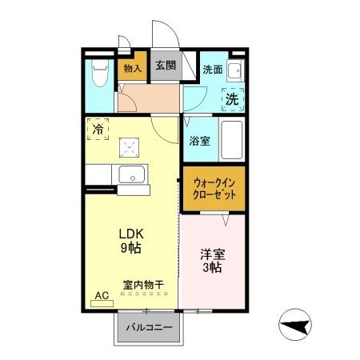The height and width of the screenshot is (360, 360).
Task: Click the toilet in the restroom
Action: (x=99, y=75)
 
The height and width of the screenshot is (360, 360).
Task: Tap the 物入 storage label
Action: (x=132, y=69)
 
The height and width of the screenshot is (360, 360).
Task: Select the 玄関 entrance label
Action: (x=166, y=66)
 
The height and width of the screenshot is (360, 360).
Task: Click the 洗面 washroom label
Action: (x=211, y=70)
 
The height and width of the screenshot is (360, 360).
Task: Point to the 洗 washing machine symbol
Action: (x=231, y=100)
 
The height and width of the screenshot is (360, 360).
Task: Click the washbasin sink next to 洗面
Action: (x=235, y=71)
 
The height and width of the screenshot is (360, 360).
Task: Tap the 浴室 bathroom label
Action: (x=199, y=142)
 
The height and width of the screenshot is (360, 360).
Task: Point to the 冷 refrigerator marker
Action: (x=98, y=128)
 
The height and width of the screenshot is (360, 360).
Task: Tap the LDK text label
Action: (x=130, y=234)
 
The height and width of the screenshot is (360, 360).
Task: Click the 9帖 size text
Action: (x=130, y=248)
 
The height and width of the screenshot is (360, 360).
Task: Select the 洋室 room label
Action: (x=211, y=254)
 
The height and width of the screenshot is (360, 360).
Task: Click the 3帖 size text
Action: (x=211, y=269)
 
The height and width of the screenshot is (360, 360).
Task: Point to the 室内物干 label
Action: (x=143, y=284)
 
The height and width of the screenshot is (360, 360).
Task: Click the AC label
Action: (x=102, y=295)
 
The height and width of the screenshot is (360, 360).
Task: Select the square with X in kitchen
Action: (x=129, y=146)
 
